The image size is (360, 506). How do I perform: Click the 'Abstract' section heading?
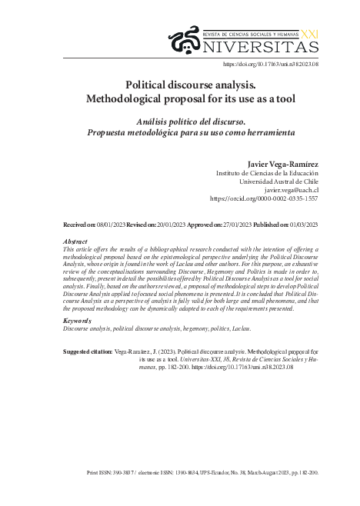(75, 241)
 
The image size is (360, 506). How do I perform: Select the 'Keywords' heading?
(77, 320)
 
